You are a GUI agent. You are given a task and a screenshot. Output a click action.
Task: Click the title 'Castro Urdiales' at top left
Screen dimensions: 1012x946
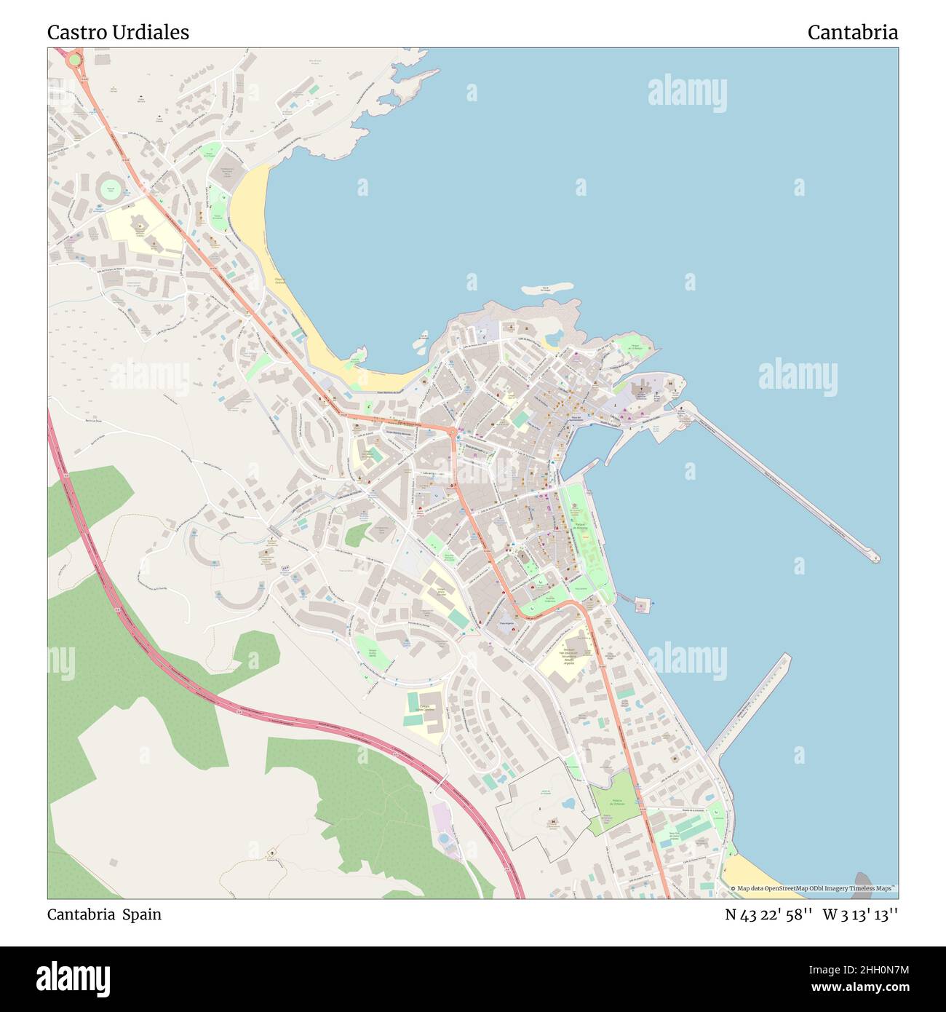tap(118, 33)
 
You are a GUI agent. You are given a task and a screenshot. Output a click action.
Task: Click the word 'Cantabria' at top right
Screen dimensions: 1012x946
tap(852, 33)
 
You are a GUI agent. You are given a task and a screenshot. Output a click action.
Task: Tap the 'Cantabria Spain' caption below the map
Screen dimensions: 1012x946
tap(104, 914)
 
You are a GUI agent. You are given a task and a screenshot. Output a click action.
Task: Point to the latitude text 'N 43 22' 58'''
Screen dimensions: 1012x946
tap(768, 915)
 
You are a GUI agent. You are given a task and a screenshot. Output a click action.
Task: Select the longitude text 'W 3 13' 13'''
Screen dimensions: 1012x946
tap(860, 915)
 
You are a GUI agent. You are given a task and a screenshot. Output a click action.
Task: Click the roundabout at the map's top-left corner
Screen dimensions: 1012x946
tap(74, 59)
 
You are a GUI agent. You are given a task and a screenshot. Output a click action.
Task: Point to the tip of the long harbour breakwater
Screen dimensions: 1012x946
tap(875, 558)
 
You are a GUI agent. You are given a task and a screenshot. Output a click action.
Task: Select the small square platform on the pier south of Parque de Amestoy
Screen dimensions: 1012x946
tap(641, 604)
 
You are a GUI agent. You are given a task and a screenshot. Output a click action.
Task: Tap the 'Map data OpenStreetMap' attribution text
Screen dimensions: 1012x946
tap(813, 888)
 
